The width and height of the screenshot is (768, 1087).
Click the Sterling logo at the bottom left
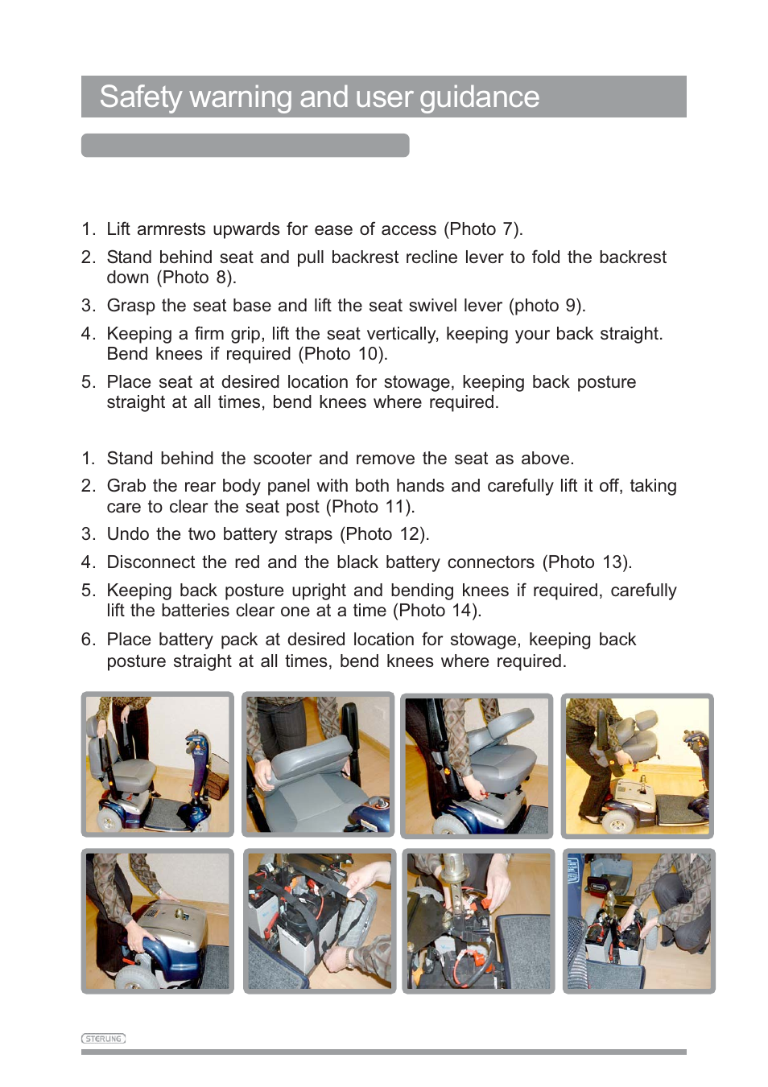pyautogui.click(x=103, y=1039)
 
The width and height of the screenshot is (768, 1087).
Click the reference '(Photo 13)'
pyautogui.click(x=587, y=562)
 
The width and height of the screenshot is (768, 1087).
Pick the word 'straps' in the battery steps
pyautogui.click(x=308, y=534)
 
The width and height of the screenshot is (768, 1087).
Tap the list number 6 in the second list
pyautogui.click(x=88, y=640)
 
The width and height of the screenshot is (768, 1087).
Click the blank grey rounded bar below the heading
pyautogui.click(x=246, y=146)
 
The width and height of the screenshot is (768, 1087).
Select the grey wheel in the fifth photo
pyautogui.click(x=133, y=976)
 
